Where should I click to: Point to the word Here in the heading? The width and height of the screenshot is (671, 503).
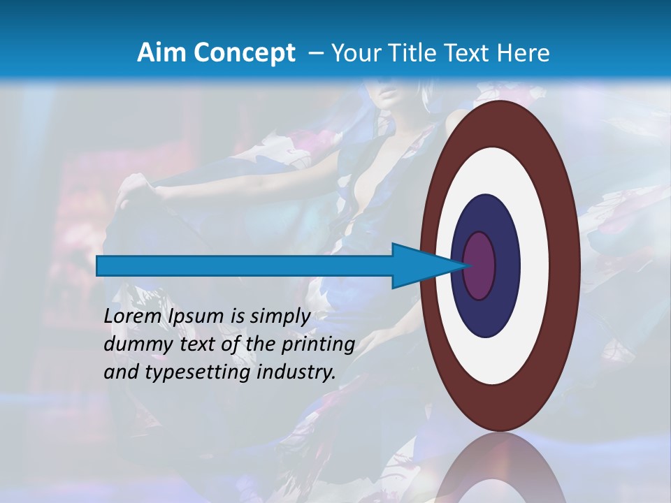click(524, 52)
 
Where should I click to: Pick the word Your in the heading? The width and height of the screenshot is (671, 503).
click(355, 52)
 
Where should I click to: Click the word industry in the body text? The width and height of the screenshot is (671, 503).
click(296, 372)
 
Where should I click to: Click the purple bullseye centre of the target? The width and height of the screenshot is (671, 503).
click(479, 265)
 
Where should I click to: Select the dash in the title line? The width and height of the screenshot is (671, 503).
click(316, 53)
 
